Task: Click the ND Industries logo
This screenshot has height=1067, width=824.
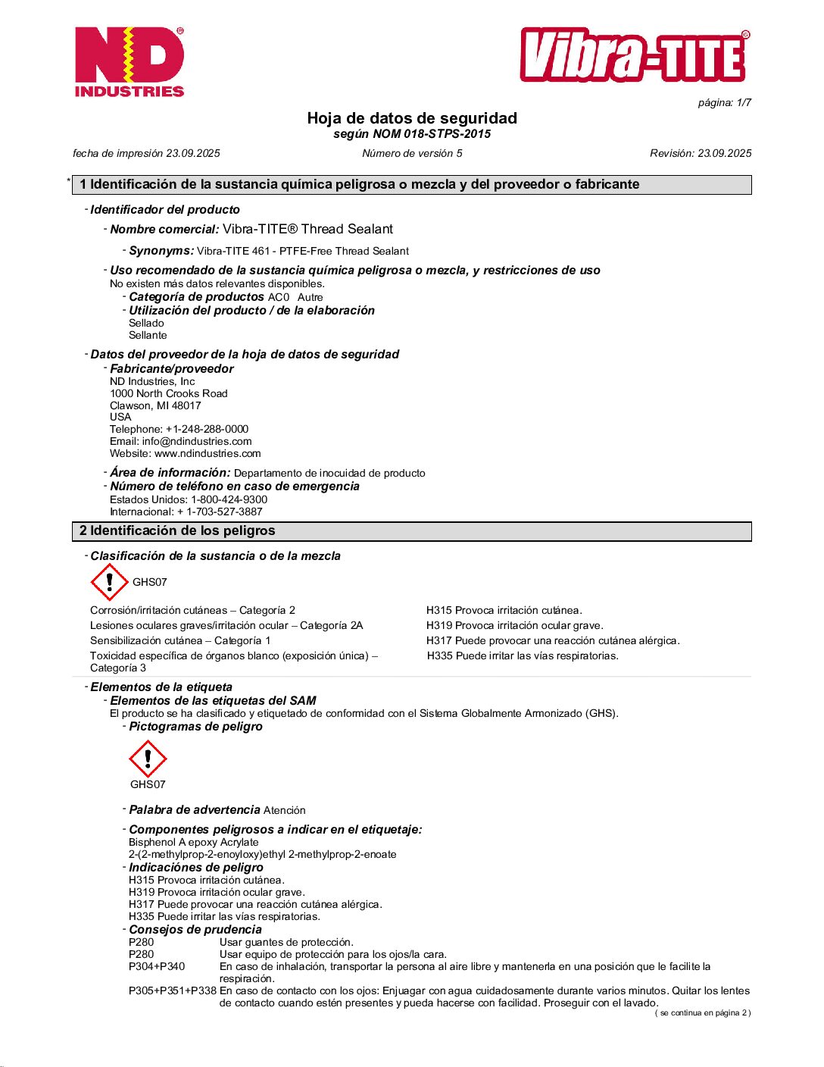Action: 130,62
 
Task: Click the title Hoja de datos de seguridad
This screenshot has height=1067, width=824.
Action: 412,118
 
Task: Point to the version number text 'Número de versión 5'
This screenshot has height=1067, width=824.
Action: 412,153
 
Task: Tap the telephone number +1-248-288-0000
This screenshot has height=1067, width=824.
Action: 207,429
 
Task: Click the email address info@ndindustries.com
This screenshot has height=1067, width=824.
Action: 197,441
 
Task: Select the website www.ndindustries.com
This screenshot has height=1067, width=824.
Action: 208,453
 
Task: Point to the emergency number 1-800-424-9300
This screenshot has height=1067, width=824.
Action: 229,499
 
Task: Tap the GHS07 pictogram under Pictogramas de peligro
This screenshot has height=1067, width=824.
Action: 148,758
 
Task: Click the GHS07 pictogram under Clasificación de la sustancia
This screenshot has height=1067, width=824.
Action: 110,582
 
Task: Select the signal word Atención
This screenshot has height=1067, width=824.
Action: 285,810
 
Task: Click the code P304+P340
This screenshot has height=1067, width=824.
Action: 157,966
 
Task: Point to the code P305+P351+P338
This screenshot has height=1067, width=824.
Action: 173,990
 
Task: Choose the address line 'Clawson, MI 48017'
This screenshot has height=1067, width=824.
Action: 155,405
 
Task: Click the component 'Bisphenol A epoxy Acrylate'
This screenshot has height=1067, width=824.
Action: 194,842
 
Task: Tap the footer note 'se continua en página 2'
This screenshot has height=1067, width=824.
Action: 703,1012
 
